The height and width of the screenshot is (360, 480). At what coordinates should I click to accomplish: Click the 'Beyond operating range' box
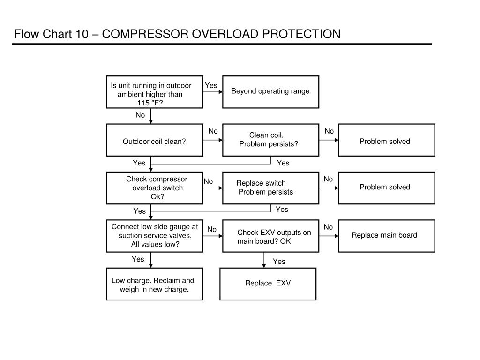tap(270, 92)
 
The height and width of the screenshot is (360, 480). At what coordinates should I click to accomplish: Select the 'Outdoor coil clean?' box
tap(155, 140)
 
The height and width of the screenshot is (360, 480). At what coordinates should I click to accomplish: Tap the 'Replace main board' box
tap(387, 236)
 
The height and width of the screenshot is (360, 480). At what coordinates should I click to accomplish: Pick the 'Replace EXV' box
tap(268, 284)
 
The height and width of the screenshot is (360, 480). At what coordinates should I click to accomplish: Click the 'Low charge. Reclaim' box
tap(155, 284)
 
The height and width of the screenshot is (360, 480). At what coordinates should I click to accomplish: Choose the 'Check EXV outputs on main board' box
tap(270, 236)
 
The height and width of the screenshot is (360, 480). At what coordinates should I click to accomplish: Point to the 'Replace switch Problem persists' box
tap(270, 187)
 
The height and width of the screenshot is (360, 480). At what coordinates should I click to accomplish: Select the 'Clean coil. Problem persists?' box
tap(270, 140)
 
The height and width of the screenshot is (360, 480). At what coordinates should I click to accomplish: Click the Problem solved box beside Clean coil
tap(387, 140)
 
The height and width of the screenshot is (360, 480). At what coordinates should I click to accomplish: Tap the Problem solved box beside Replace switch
tap(387, 187)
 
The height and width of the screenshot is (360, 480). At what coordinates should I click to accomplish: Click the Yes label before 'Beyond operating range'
tap(211, 85)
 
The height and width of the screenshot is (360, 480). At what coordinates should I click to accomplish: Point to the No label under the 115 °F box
tap(140, 115)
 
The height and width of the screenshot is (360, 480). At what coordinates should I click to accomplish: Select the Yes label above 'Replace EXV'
tap(279, 262)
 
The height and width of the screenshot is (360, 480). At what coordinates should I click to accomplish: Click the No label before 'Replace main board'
tap(328, 227)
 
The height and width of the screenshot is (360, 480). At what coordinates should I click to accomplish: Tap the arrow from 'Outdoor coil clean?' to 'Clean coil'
tap(213, 140)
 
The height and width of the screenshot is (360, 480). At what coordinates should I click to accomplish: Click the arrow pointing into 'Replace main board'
tap(329, 236)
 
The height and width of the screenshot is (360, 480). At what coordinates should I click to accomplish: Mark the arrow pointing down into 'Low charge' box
tap(150, 260)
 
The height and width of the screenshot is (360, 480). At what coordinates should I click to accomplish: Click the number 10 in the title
tap(82, 34)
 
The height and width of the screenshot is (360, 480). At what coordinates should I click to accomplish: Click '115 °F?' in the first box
tap(150, 103)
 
